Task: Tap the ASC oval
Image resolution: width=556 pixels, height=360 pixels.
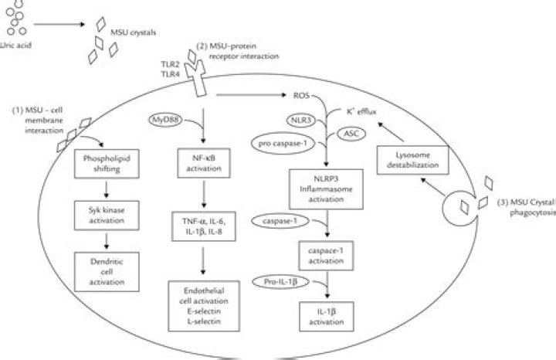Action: tap(351, 134)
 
